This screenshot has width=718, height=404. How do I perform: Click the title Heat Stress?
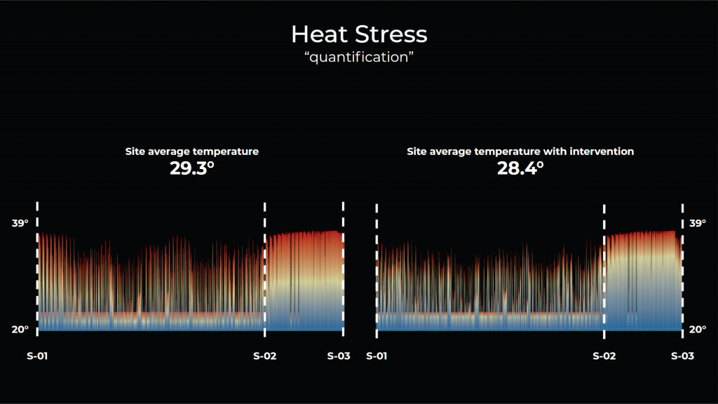pyautogui.click(x=358, y=34)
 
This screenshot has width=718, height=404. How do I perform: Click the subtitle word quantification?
pyautogui.click(x=358, y=58)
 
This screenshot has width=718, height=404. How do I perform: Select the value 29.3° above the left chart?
pyautogui.click(x=191, y=168)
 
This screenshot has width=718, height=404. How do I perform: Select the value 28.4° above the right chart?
pyautogui.click(x=521, y=168)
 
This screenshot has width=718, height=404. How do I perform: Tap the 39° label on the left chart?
pyautogui.click(x=20, y=223)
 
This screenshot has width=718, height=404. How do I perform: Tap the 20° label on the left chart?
pyautogui.click(x=20, y=330)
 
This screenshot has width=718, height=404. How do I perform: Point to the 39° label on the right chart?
pyautogui.click(x=697, y=223)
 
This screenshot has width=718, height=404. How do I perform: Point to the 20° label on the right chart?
pyautogui.click(x=697, y=330)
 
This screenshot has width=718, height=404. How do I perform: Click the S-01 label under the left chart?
pyautogui.click(x=37, y=356)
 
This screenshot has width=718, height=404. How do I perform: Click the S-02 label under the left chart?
pyautogui.click(x=264, y=356)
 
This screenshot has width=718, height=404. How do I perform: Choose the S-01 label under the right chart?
pyautogui.click(x=377, y=356)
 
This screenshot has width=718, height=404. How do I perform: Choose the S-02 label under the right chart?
pyautogui.click(x=604, y=356)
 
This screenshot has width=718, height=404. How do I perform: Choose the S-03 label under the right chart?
pyautogui.click(x=682, y=356)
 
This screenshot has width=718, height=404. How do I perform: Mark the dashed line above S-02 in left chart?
pyautogui.click(x=264, y=270)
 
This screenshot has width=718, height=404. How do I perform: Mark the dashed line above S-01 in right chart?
pyautogui.click(x=377, y=270)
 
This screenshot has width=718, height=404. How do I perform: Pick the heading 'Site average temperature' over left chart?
pyautogui.click(x=191, y=151)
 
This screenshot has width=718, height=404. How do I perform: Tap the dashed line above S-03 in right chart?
pyautogui.click(x=682, y=270)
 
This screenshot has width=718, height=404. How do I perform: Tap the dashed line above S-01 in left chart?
pyautogui.click(x=37, y=270)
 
